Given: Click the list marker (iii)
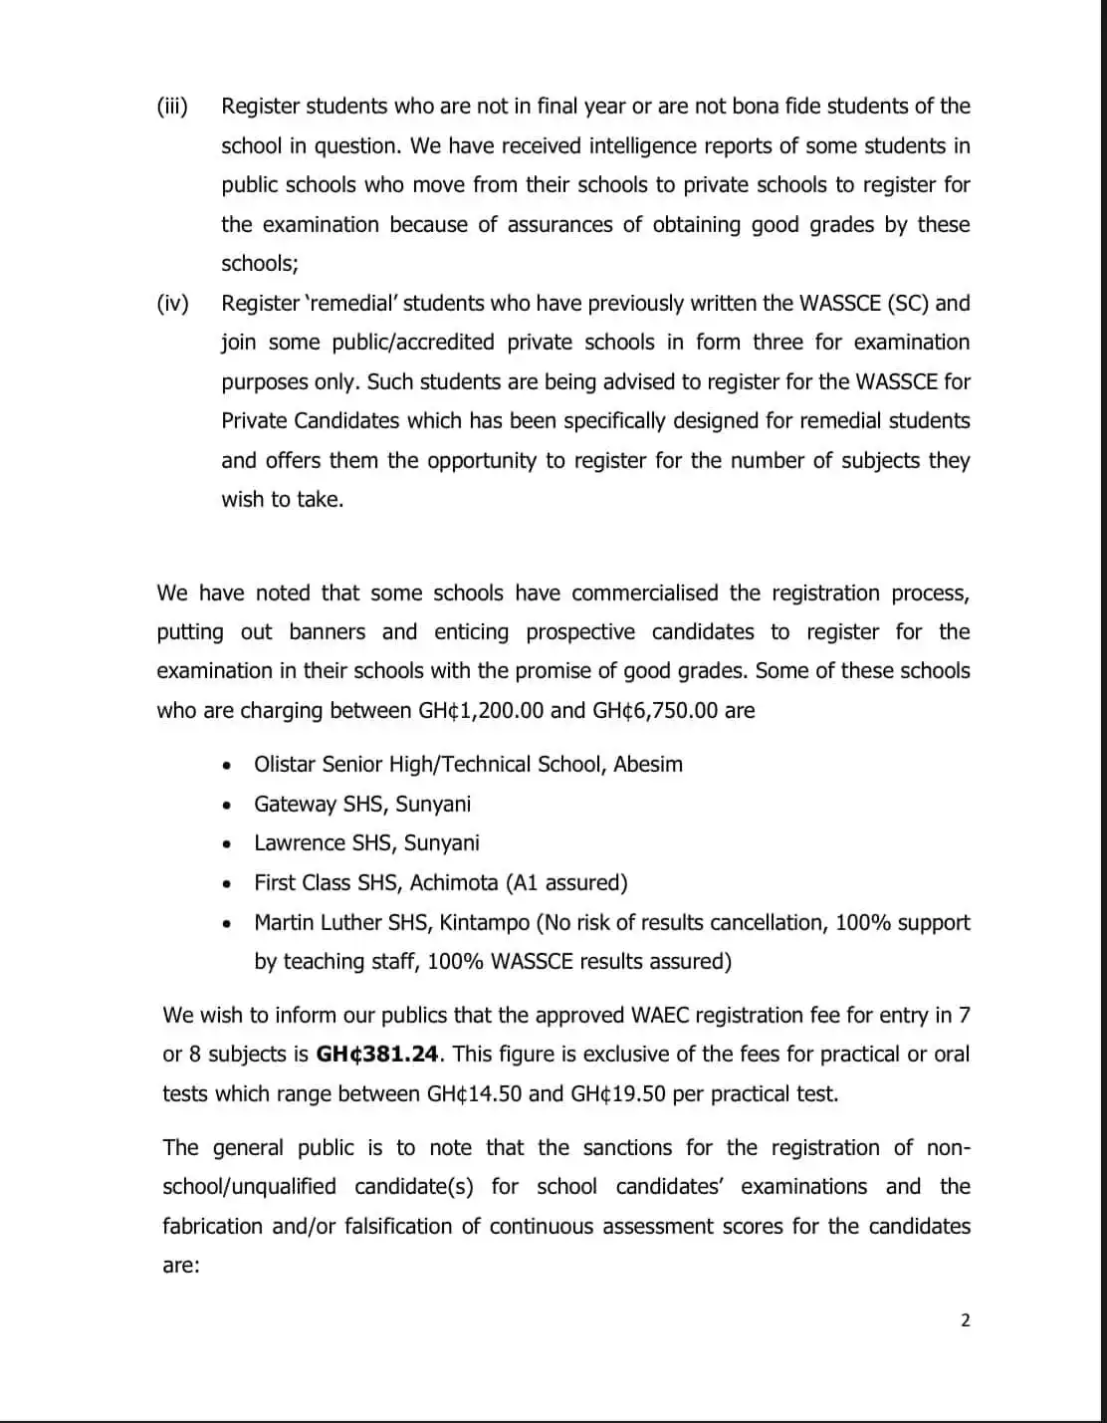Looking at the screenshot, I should click(172, 107).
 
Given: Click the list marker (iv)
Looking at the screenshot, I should click(172, 304).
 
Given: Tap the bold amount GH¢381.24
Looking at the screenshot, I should click(377, 1055).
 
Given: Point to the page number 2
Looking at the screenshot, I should click(965, 1321).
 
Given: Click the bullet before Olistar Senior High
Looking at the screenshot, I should click(229, 766).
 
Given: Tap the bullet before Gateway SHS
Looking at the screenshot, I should click(229, 805).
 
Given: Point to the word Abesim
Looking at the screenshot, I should click(648, 765).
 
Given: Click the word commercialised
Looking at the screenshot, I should click(644, 593).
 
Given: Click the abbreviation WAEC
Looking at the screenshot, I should click(661, 1016).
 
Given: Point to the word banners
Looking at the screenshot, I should click(327, 632).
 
